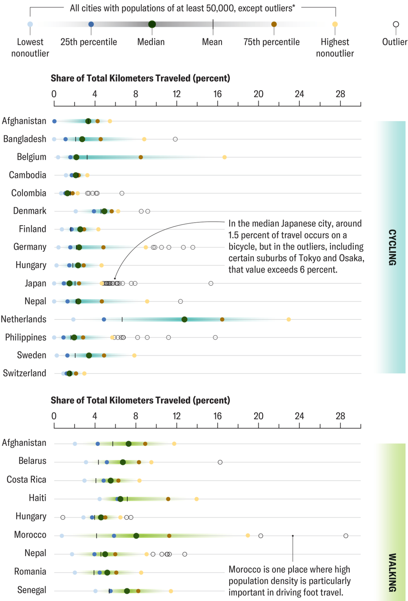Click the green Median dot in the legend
click(152, 24)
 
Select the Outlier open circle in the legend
click(396, 24)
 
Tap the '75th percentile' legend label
click(271, 42)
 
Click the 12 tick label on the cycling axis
click(176, 94)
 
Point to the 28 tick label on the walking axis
click(340, 416)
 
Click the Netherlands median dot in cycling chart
click(184, 319)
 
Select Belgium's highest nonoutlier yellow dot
click(224, 157)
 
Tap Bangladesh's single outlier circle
click(175, 139)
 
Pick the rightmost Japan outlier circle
click(211, 283)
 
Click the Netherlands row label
click(24, 319)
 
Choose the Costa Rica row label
click(26, 479)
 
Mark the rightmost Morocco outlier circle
click(346, 536)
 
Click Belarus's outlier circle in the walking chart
click(220, 462)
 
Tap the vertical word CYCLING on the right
click(392, 247)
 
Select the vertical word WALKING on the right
click(392, 572)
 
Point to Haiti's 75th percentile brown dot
click(168, 499)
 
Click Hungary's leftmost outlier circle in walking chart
click(63, 517)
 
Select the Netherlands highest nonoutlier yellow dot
click(289, 319)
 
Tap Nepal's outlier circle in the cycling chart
click(180, 301)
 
